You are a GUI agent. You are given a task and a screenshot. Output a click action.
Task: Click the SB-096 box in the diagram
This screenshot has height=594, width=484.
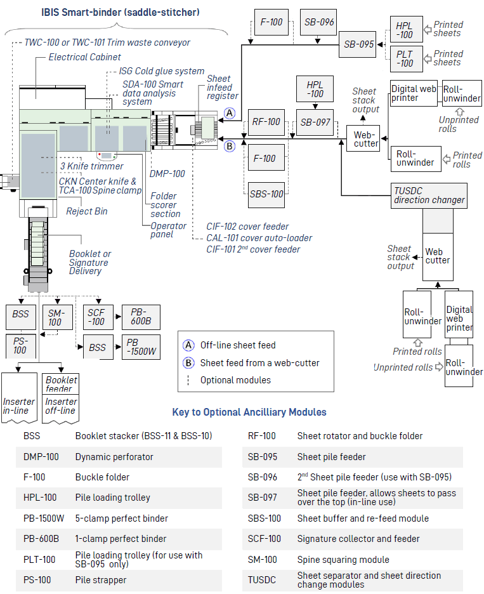[318, 22]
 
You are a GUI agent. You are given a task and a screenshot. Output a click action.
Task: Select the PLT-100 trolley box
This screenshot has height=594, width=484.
[405, 58]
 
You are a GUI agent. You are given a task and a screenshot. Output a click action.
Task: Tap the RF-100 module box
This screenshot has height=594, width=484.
[265, 122]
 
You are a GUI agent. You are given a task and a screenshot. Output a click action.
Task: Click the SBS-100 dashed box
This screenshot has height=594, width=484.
[266, 194]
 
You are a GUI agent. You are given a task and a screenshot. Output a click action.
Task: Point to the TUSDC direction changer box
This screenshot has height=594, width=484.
[429, 195]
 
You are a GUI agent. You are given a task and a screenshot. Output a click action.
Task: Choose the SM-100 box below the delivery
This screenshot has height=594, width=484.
[55, 317]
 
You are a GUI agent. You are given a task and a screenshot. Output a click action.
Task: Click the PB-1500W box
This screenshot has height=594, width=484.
[141, 348]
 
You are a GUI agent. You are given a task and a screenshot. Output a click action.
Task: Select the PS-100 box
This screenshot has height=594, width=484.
[20, 346]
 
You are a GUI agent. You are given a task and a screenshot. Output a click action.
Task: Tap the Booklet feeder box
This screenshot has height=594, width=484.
[61, 385]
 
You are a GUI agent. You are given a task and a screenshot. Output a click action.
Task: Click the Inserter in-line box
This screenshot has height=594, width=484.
[19, 406]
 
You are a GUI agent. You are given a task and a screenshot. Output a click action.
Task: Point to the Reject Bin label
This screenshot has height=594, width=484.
[87, 211]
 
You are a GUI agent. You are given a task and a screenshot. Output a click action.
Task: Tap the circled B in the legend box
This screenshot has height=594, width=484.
[188, 363]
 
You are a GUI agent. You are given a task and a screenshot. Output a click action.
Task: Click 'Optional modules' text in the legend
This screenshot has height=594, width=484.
[235, 380]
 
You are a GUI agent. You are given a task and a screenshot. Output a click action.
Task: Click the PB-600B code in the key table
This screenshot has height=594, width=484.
[41, 539]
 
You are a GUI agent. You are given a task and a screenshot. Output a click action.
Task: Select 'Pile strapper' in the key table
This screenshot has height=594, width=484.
[101, 580]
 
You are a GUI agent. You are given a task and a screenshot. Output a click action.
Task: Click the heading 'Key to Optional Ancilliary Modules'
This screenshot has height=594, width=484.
[249, 412]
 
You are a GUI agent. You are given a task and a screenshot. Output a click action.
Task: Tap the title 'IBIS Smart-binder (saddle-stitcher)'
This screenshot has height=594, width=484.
[121, 12]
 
